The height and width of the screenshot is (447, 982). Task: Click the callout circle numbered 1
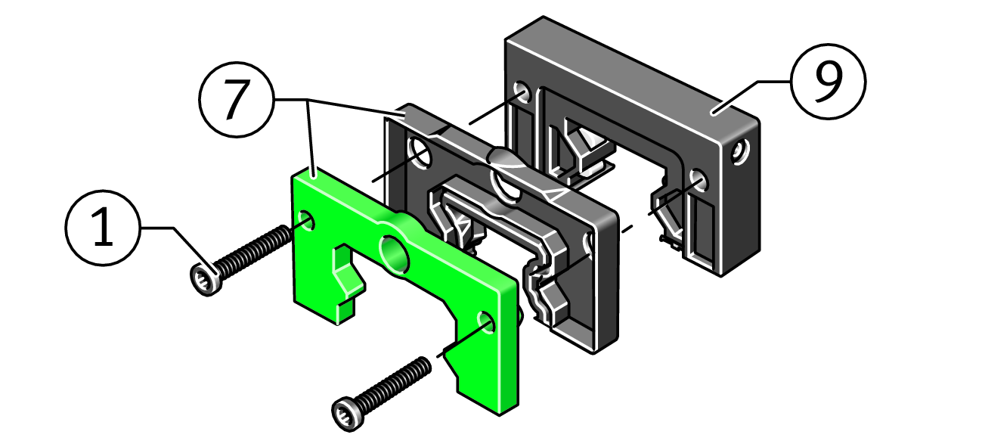click(103, 228)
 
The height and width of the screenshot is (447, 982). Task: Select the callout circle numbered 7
click(237, 100)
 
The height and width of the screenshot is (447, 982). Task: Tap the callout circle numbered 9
click(828, 81)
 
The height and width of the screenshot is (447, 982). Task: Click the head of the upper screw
click(206, 279)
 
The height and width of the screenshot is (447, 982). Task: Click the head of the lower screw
click(348, 414)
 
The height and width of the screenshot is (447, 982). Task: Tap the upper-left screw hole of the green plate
click(306, 220)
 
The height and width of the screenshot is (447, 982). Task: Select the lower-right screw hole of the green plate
click(486, 322)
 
